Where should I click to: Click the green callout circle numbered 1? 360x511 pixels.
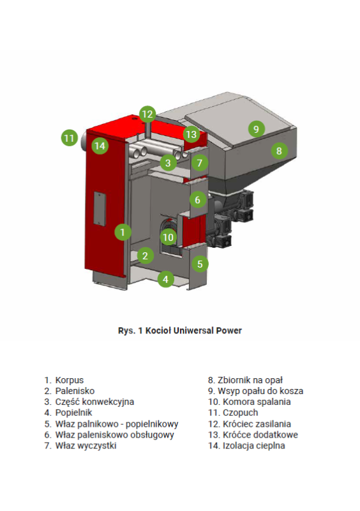123,232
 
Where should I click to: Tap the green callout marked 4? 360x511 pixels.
165,279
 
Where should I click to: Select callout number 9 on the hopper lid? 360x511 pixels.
256,129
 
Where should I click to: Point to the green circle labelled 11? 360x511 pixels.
70,138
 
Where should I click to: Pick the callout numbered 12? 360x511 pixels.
147,114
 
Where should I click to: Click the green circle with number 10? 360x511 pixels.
169,237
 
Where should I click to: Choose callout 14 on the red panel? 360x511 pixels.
100,146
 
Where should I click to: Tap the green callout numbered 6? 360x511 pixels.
197,199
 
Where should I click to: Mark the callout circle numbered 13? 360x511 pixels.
191,134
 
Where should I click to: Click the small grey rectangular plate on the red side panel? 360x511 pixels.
100,209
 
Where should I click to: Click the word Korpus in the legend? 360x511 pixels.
70,380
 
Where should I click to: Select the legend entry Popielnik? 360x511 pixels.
73,413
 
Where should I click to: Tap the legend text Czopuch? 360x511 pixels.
241,413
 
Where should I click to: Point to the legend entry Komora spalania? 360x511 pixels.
257,402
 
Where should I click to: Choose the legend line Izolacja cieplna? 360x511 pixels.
254,445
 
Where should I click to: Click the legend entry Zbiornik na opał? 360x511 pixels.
250,380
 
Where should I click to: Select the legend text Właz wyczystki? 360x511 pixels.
86,445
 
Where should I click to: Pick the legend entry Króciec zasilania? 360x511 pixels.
257,424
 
